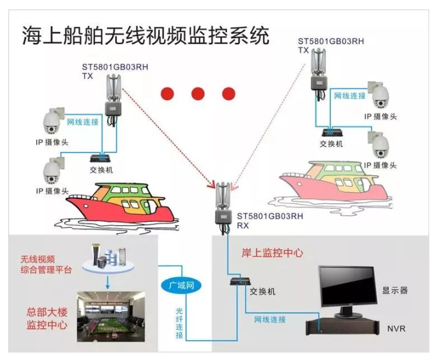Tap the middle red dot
[198, 94]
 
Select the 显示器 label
[394, 290]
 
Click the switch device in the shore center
[240, 282]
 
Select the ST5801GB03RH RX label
[269, 221]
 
